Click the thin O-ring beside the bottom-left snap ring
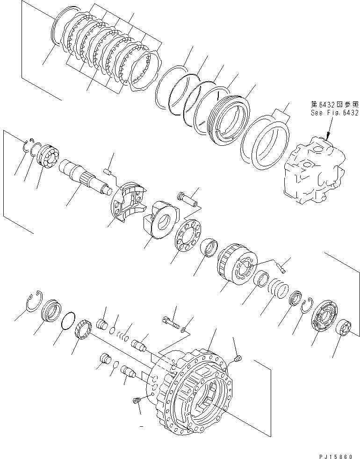(68, 320)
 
